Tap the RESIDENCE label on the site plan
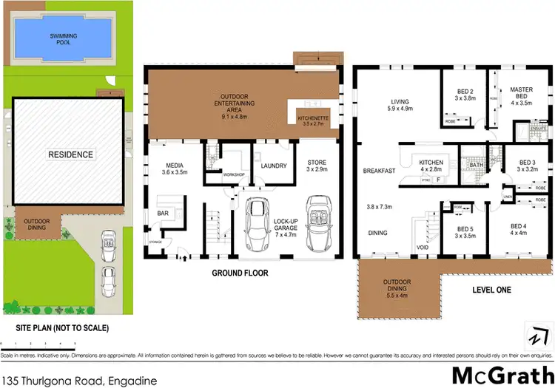coord(71,154)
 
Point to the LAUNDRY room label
coord(273,166)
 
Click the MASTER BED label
coord(521,95)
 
